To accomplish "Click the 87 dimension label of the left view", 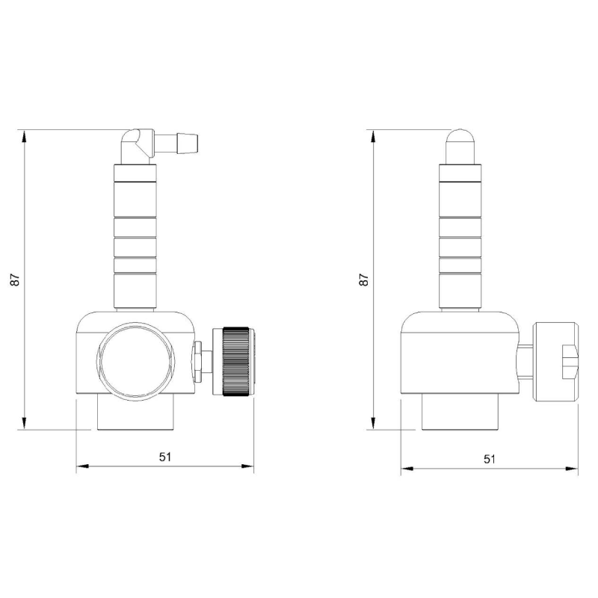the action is coord(15,280).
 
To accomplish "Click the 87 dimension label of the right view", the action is coord(364,280).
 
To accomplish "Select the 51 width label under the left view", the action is coord(165,457).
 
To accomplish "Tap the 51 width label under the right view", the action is coord(490,459).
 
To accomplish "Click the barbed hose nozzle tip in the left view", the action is coord(188,144).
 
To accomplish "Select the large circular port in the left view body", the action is coord(136,360).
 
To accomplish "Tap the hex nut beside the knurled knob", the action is coord(197,362).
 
